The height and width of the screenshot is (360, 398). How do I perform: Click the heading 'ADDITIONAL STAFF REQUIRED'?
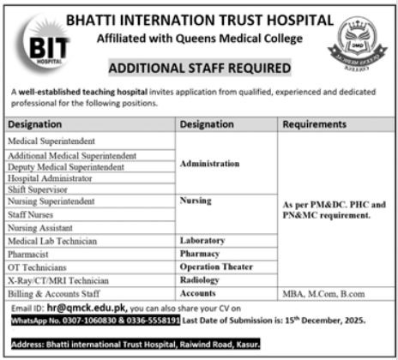coord(199,68)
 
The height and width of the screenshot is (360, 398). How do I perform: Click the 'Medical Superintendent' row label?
coord(51,140)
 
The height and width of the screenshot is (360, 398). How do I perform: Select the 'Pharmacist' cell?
coord(29,255)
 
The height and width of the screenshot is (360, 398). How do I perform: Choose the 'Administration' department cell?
coord(210,162)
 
